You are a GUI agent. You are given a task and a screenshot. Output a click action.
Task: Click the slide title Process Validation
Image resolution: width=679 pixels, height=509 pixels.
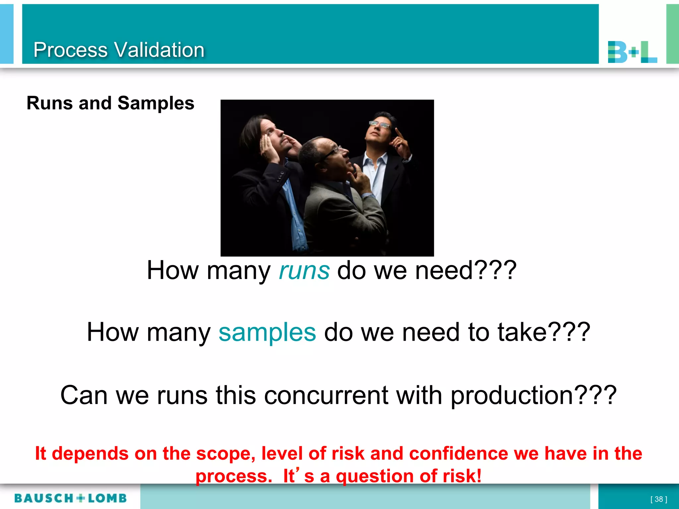(119, 50)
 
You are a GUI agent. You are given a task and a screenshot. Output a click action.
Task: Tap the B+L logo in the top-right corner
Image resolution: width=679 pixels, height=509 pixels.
(632, 52)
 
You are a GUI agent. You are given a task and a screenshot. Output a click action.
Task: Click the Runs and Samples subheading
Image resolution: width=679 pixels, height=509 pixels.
(110, 103)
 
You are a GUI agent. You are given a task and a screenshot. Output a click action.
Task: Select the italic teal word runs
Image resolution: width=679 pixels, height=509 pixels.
(304, 271)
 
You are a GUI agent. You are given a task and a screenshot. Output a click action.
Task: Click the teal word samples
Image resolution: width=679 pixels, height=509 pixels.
(267, 332)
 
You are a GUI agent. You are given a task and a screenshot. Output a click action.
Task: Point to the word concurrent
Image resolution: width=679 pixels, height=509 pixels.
(326, 395)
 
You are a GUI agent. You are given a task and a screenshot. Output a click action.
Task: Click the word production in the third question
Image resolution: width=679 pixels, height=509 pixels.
(512, 395)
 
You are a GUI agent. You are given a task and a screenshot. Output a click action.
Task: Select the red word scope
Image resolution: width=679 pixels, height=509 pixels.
(225, 453)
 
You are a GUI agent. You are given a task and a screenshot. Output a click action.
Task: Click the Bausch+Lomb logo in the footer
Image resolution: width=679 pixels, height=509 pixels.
(71, 498)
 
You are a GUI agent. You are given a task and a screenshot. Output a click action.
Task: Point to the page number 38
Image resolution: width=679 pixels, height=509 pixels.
(658, 499)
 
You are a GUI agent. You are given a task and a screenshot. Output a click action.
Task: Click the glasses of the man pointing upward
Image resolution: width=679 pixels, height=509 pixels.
(379, 125)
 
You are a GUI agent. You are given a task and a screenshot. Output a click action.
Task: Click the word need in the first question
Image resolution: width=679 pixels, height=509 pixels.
(444, 271)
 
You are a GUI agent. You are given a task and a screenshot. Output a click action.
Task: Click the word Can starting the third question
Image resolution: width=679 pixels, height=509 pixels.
(84, 395)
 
